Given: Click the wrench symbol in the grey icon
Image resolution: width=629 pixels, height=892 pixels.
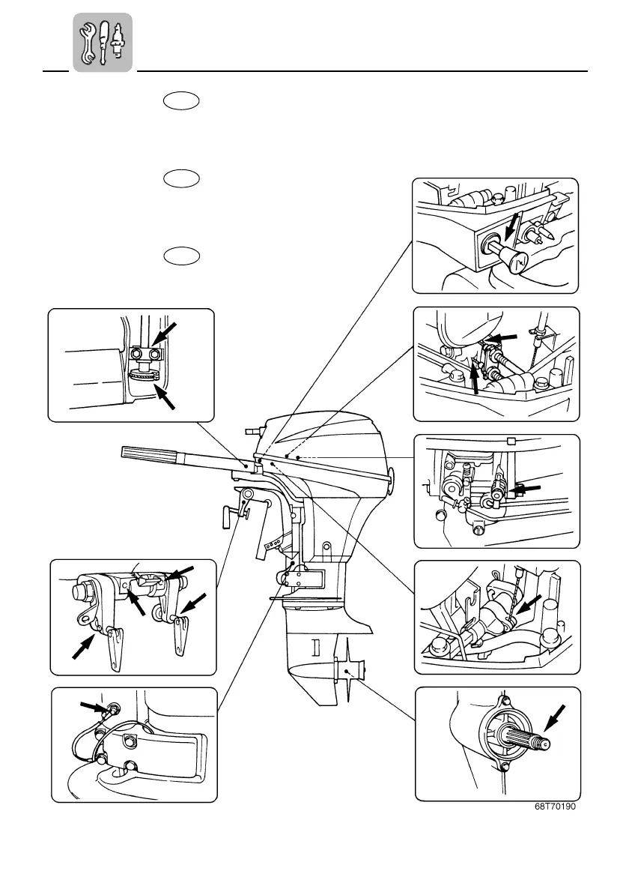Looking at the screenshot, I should [88, 43].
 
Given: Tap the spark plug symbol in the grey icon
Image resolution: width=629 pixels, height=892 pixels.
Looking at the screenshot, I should [118, 43].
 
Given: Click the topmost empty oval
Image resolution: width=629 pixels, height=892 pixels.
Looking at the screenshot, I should [180, 101].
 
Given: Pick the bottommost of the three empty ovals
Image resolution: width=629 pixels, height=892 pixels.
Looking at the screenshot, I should [180, 256].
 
